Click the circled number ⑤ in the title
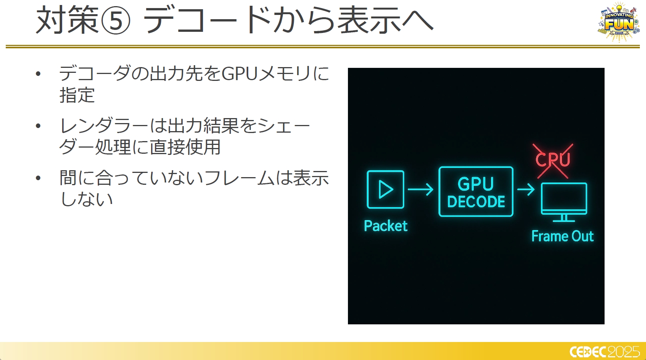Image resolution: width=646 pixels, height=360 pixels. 116,20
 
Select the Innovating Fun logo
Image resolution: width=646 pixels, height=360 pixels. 619,23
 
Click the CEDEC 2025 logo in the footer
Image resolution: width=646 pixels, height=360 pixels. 604,352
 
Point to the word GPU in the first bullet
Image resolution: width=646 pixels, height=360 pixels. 239,74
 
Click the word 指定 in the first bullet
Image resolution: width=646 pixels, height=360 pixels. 77,95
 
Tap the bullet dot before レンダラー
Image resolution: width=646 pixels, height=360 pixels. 38,126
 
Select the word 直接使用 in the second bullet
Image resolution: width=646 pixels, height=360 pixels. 185,147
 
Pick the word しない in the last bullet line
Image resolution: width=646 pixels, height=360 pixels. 86,199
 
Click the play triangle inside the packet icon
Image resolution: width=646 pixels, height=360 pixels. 386,189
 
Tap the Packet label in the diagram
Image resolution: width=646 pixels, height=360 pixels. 386,226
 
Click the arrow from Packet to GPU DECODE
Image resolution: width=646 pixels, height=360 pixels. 420,189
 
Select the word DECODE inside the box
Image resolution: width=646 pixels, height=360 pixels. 476,202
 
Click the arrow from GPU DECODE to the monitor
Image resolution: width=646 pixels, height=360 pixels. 526,189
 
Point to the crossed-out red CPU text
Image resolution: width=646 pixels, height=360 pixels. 553,159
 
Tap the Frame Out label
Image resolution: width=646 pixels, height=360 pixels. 562,236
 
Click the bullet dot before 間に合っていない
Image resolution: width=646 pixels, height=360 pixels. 38,178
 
